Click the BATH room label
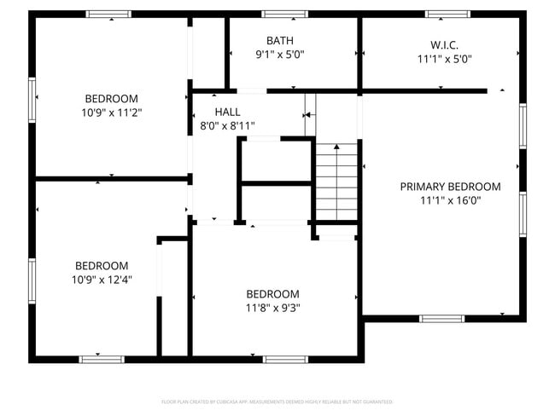coord(279,40)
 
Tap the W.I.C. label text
coord(444,44)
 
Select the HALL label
coord(227,112)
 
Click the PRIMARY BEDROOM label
coord(450,186)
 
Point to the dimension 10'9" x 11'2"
coord(110,112)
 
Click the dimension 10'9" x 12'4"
coord(101,279)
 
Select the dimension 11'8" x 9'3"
coord(272,308)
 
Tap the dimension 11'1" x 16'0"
coord(450,200)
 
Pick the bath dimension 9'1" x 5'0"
coord(279,55)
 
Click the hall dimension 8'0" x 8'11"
coord(221,126)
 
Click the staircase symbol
coord(336,181)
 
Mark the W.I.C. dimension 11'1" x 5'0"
coord(444,59)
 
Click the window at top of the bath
coord(284,14)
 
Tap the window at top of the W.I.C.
coord(447,14)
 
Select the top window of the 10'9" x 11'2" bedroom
coord(109,14)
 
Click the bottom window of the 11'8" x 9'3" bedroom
coord(285,359)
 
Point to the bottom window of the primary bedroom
coord(441,319)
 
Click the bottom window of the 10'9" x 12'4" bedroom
coord(102,359)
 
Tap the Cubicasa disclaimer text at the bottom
coord(277,401)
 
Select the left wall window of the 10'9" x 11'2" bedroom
coord(33,100)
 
